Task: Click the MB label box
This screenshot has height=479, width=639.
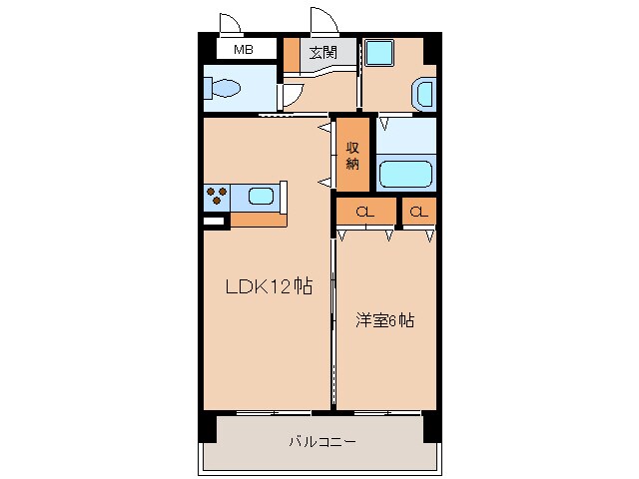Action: point(242,49)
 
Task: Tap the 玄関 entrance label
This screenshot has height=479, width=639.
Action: point(320,52)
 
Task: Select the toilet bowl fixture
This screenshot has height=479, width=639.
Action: point(224,89)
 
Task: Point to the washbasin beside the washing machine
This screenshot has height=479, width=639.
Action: point(423,96)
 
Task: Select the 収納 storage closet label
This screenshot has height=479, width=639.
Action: point(352,156)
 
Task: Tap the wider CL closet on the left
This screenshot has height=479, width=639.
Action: point(365,212)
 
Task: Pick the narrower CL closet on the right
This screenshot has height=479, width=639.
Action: point(418,212)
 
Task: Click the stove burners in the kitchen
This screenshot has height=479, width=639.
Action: point(217,196)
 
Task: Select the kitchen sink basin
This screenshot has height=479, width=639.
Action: point(261,197)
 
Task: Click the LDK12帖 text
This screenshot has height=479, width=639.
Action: point(268,287)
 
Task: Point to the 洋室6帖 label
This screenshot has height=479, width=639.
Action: point(385,321)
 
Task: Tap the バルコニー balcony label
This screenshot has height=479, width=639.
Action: point(321,440)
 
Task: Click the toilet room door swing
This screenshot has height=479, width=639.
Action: point(291,96)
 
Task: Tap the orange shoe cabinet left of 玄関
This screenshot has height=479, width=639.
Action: point(291,55)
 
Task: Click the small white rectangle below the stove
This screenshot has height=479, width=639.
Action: point(214,221)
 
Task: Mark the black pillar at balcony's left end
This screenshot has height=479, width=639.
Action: point(207,427)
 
